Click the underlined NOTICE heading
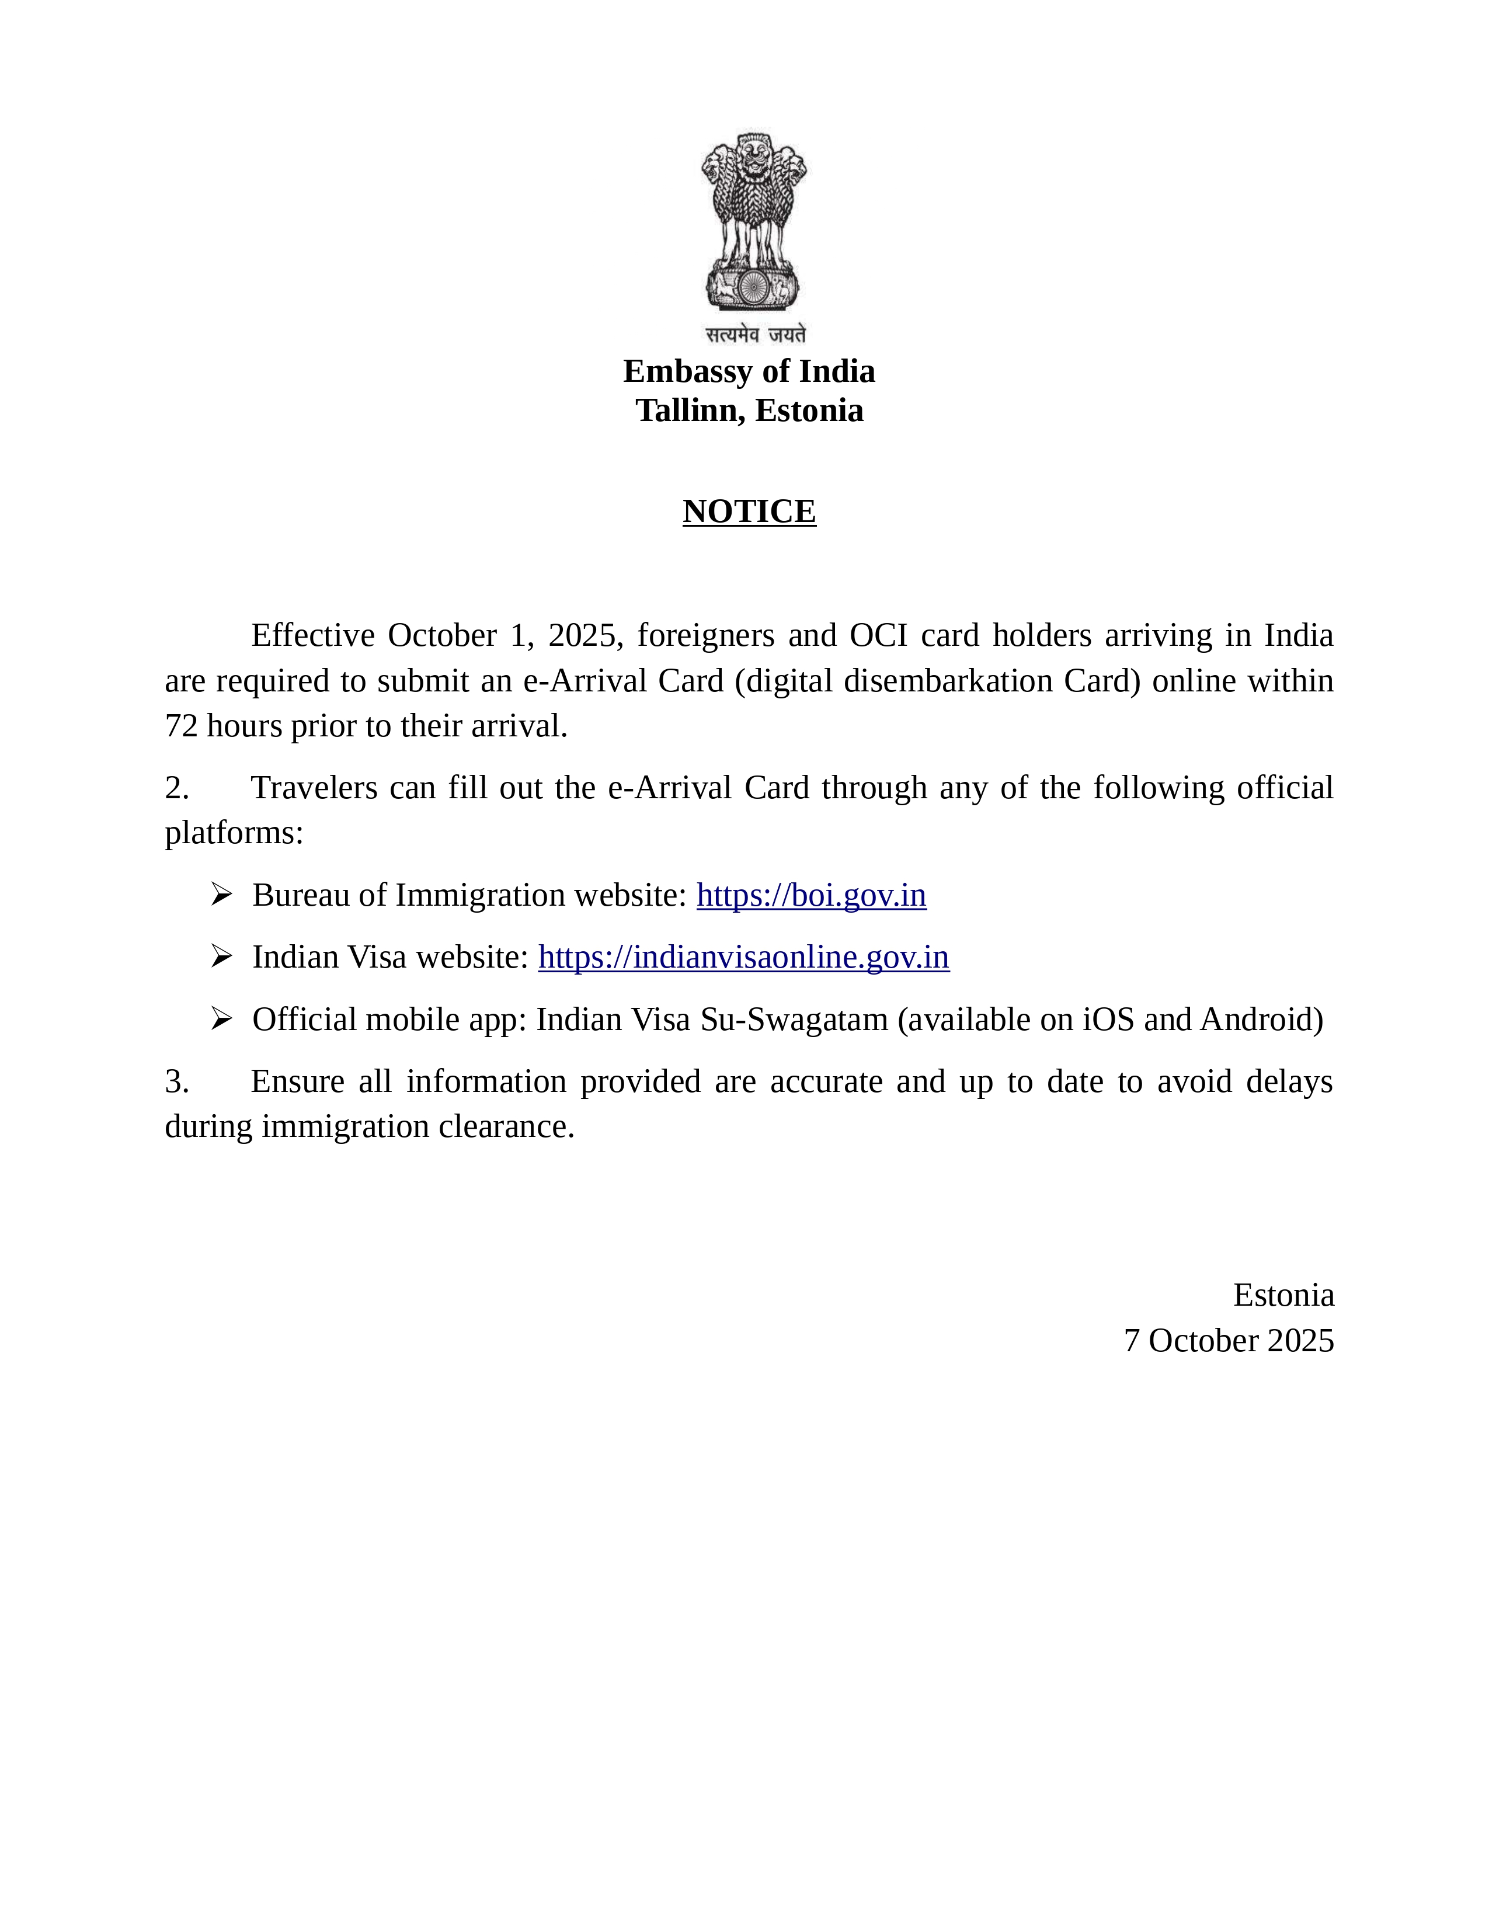[749, 512]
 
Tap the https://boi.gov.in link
[810, 896]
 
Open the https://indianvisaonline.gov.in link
[743, 957]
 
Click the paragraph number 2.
[176, 788]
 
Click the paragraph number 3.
[176, 1081]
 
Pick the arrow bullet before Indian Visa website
[221, 957]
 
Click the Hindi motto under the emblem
[755, 335]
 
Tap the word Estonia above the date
[1283, 1295]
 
